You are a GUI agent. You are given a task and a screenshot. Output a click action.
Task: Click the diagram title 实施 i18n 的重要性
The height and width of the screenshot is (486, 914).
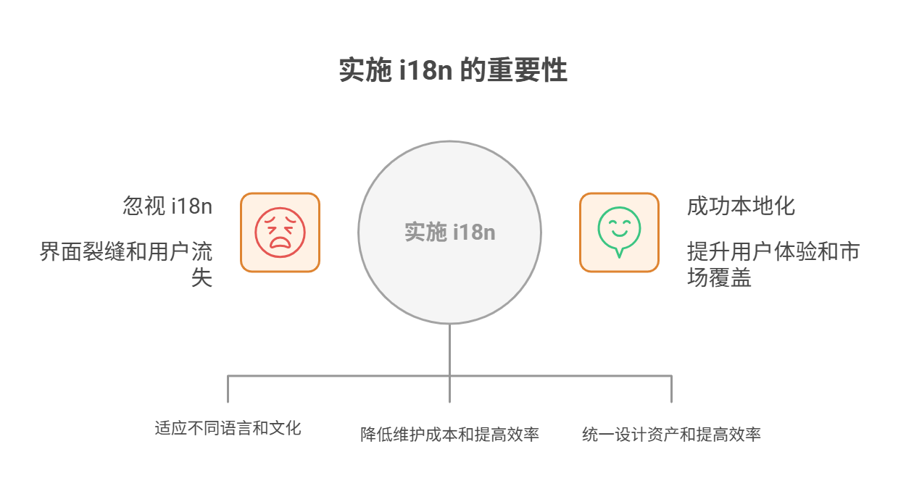click(453, 72)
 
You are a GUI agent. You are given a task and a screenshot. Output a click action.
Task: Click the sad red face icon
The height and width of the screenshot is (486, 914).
click(280, 232)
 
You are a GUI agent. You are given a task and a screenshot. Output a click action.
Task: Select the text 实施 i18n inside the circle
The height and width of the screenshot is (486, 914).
click(449, 232)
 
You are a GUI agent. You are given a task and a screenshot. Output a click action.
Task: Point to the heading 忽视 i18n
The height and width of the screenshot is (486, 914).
click(167, 206)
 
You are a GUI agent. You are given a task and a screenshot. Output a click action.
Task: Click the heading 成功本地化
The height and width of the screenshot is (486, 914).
click(741, 206)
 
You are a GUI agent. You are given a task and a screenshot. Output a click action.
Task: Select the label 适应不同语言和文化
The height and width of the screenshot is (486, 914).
click(228, 427)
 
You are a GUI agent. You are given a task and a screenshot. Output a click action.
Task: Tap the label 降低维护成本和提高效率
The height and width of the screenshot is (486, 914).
click(449, 435)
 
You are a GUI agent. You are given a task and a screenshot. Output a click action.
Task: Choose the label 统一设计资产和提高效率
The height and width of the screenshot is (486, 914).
click(671, 435)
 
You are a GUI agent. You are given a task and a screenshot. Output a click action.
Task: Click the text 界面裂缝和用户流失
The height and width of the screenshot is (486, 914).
click(127, 253)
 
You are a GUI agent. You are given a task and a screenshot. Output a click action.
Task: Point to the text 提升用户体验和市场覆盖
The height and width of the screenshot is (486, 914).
click(773, 253)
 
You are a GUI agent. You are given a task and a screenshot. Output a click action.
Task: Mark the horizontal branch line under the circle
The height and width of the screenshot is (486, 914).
click(341, 376)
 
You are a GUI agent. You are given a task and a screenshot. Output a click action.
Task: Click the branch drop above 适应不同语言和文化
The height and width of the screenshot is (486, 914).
click(228, 390)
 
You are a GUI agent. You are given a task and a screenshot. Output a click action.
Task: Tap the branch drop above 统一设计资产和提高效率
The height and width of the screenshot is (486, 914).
click(671, 390)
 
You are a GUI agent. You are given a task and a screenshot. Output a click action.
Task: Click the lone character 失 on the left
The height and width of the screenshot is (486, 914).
click(202, 277)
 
